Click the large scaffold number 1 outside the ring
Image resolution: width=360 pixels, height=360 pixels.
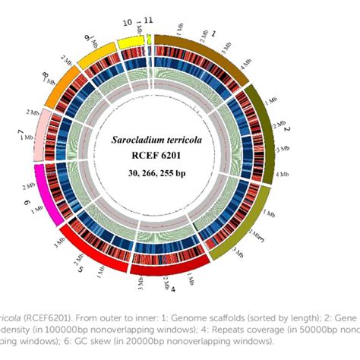point(213,34)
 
